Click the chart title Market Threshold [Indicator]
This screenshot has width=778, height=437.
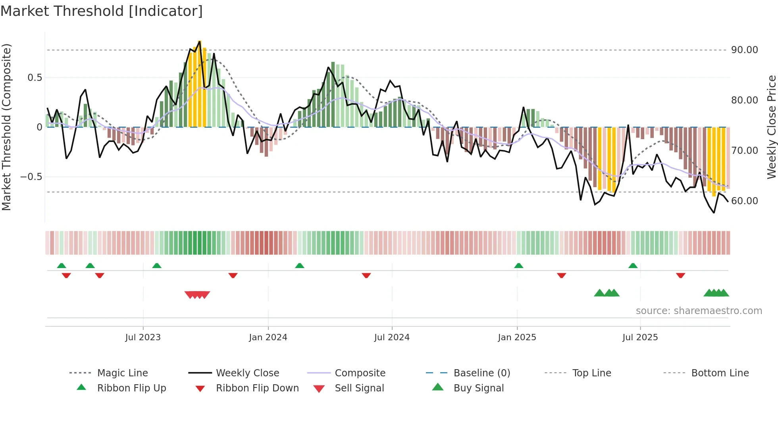click(x=102, y=11)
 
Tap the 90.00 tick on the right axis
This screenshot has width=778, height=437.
click(x=744, y=50)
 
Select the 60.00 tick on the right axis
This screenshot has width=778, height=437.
click(x=744, y=201)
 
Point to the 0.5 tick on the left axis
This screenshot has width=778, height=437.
click(x=35, y=78)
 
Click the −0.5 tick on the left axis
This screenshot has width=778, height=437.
click(x=31, y=177)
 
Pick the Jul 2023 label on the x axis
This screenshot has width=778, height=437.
click(x=143, y=337)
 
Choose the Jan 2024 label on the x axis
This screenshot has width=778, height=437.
click(x=268, y=337)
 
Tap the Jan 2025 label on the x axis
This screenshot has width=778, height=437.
click(x=517, y=337)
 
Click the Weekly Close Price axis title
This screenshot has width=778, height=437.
click(x=771, y=127)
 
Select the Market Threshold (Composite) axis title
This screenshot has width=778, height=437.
click(x=6, y=127)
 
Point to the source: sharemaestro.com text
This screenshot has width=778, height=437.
click(x=699, y=311)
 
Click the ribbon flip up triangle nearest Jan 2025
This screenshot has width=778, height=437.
click(x=518, y=266)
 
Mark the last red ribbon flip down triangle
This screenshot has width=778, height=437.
click(x=680, y=275)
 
